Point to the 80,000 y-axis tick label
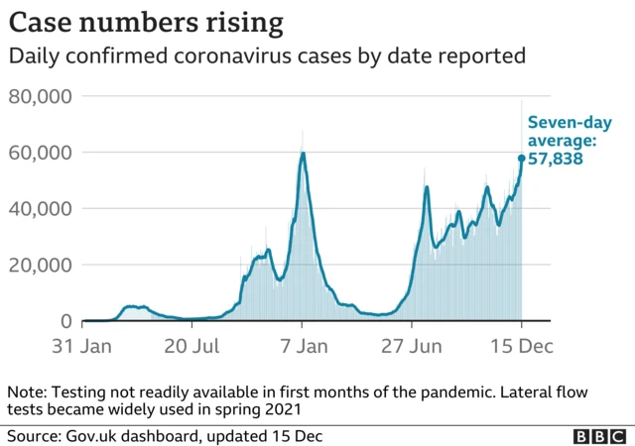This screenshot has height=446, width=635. tap(41, 96)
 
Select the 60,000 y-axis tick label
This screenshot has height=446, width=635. tap(41, 153)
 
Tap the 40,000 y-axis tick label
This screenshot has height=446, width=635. tap(41, 209)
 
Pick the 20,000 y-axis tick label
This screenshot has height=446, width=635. tap(41, 266)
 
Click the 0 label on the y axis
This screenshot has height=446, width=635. tap(66, 321)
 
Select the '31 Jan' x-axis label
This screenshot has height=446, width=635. tap(82, 347)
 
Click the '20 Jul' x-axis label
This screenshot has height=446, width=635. tap(192, 347)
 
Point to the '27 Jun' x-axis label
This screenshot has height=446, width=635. tap(413, 347)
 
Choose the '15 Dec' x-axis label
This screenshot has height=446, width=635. tap(522, 347)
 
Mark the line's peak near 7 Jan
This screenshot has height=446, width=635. tap(303, 153)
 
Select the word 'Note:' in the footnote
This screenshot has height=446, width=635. tap(29, 390)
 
